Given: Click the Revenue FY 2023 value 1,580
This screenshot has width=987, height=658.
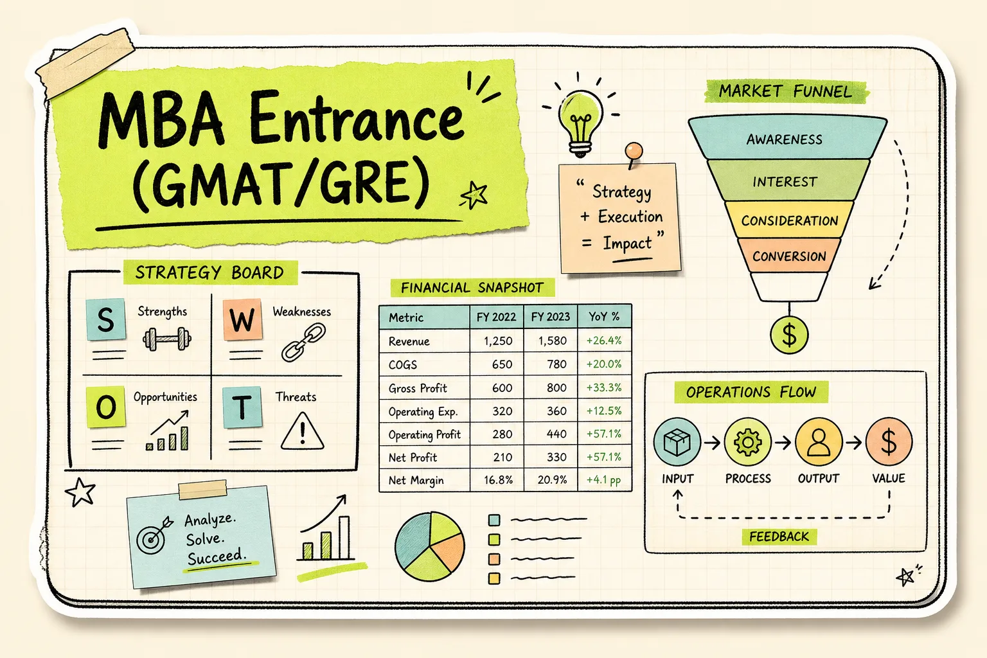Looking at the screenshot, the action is point(552,341).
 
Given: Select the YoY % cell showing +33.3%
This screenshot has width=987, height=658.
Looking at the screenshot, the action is point(603,387).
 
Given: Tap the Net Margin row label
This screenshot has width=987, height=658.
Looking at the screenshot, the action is point(416,481).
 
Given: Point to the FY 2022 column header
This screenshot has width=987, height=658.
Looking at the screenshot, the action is point(496,316).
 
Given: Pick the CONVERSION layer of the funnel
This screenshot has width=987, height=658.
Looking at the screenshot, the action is point(788,256).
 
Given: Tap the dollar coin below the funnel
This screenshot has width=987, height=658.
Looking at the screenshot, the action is point(788,335).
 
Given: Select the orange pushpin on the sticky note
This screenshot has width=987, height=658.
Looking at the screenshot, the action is point(633,154).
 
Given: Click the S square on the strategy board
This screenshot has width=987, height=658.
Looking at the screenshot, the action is point(106,319).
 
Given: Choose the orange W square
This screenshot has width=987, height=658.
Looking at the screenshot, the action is point(242,319).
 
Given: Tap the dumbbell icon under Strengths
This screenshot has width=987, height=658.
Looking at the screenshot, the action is point(166,339).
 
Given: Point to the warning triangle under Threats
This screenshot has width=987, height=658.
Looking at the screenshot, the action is point(302,431).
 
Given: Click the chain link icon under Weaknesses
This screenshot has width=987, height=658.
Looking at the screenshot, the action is point(303,342).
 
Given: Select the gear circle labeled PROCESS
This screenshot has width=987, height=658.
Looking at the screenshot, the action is point(748,441).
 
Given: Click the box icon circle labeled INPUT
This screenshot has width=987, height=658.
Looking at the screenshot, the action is point(677,441).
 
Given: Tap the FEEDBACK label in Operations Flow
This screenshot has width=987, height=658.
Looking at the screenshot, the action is point(779,537).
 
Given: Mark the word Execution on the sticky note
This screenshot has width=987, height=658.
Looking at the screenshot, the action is point(630,217).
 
